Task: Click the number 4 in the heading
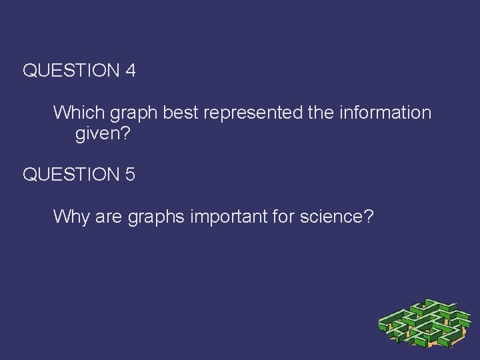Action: tap(130, 71)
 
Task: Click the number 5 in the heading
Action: tap(130, 175)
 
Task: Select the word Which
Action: tap(75, 112)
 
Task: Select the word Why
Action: tap(67, 217)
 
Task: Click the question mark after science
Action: tap(368, 217)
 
